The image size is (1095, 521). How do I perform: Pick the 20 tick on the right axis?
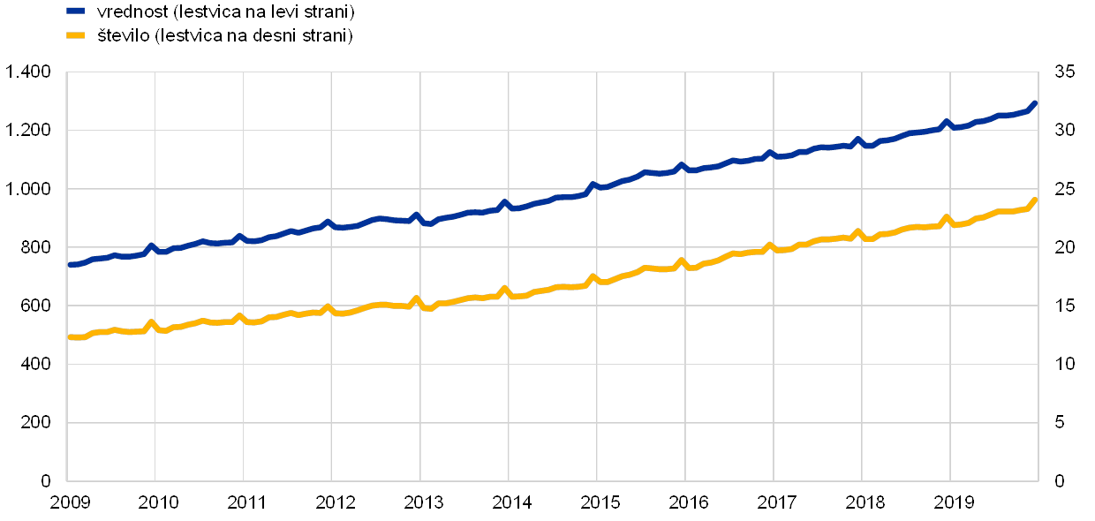point(1064,247)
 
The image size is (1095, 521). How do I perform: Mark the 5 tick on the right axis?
point(1060,422)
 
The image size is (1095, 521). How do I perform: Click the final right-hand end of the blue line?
point(1035,103)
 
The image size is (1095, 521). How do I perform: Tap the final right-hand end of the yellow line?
point(1035,200)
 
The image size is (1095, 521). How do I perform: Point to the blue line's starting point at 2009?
point(70,264)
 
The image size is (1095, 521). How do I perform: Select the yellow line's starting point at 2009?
point(70,337)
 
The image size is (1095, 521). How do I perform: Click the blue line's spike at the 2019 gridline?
point(947,122)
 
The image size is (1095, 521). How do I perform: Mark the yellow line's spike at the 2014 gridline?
point(505,289)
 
